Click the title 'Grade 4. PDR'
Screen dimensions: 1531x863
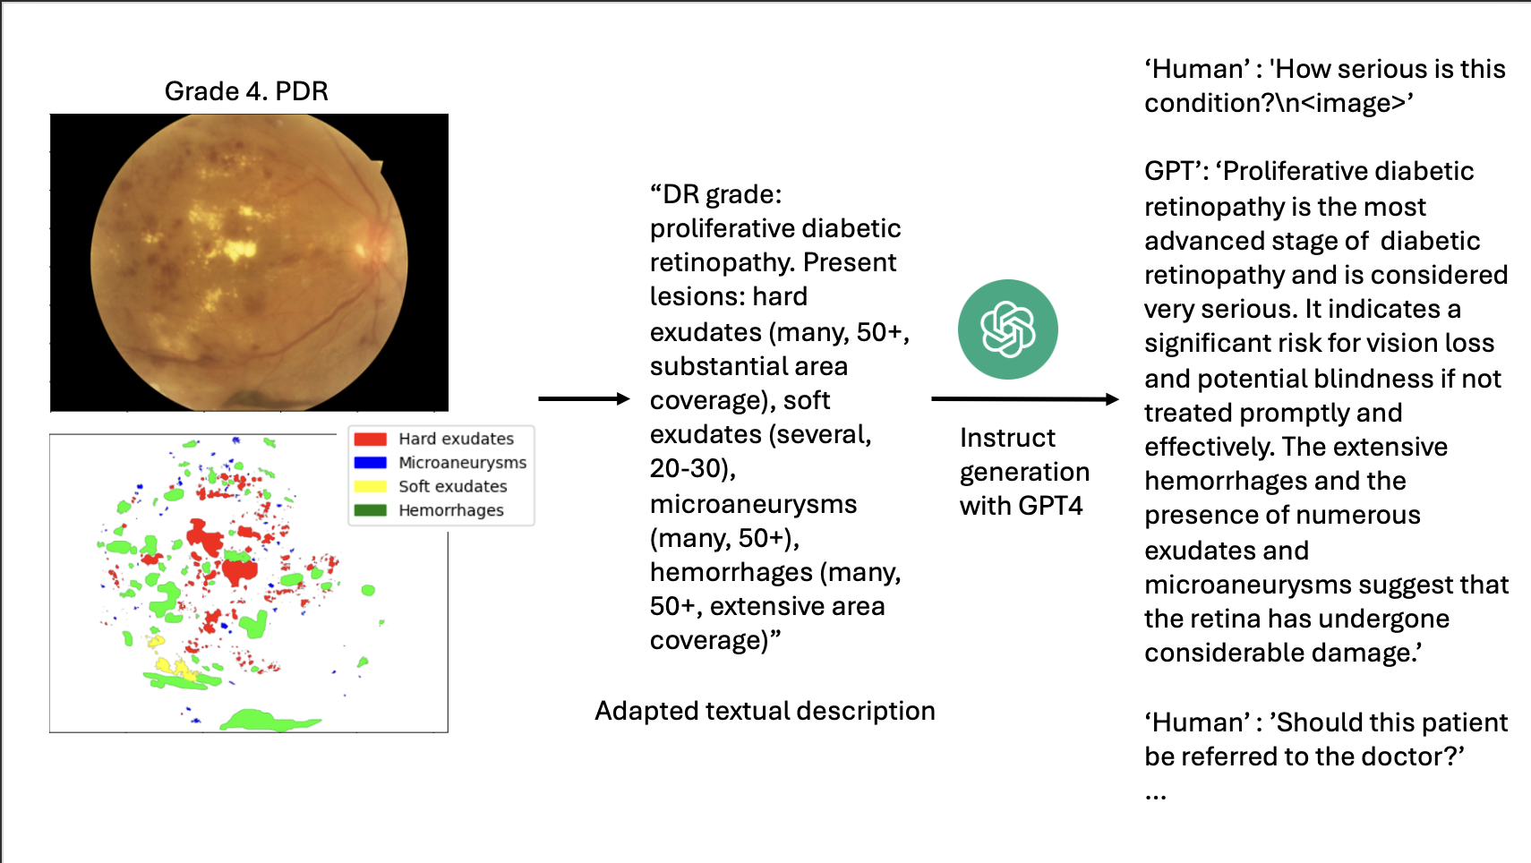(246, 91)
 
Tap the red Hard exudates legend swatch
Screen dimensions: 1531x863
(370, 439)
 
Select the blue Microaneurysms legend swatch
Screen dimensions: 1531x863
(370, 463)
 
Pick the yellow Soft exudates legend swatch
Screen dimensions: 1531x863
(370, 486)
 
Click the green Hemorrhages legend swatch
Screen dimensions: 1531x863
(370, 510)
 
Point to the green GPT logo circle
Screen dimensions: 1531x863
(1007, 329)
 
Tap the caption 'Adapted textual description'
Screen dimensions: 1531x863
(765, 711)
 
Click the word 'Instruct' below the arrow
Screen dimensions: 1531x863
(1007, 438)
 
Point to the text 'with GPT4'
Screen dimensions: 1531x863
(1021, 506)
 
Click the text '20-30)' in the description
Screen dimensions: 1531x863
(692, 468)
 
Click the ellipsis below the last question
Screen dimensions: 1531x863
(1155, 794)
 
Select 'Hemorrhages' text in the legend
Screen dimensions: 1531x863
(451, 510)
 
